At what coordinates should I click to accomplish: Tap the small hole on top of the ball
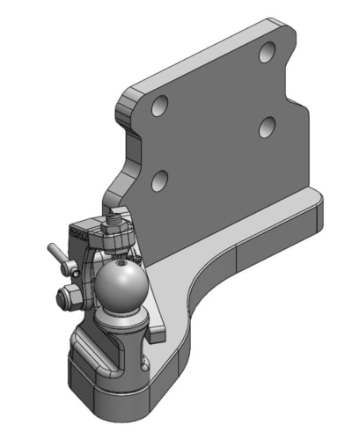coord(121,263)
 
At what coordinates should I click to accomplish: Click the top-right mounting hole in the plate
coord(266,53)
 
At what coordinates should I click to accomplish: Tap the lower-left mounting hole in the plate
coord(159,182)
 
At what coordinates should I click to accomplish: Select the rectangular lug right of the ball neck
coord(157,329)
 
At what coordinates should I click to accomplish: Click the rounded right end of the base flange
coord(315,211)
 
